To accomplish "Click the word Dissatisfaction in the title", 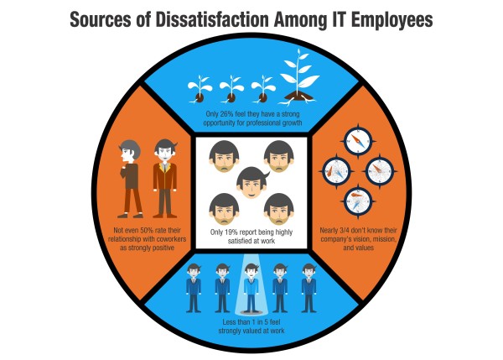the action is pyautogui.click(x=212, y=19).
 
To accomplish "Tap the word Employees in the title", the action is pyautogui.click(x=392, y=21).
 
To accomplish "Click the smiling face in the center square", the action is pyautogui.click(x=252, y=183).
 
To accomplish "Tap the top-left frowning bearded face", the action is pyautogui.click(x=224, y=156).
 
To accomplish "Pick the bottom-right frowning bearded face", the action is pyautogui.click(x=279, y=209).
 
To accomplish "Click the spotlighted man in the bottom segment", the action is pyautogui.click(x=251, y=288).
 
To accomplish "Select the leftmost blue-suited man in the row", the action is pyautogui.click(x=194, y=288).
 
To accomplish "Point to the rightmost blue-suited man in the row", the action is pyautogui.click(x=309, y=288).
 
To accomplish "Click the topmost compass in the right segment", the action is pyautogui.click(x=358, y=142).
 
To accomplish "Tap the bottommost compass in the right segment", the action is pyautogui.click(x=358, y=201).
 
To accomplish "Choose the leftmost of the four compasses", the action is pyautogui.click(x=336, y=171).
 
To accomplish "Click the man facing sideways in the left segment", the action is pyautogui.click(x=131, y=179).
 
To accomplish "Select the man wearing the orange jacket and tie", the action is pyautogui.click(x=165, y=179).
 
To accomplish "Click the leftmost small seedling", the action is pyautogui.click(x=200, y=89).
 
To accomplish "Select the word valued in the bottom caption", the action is pyautogui.click(x=256, y=331).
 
